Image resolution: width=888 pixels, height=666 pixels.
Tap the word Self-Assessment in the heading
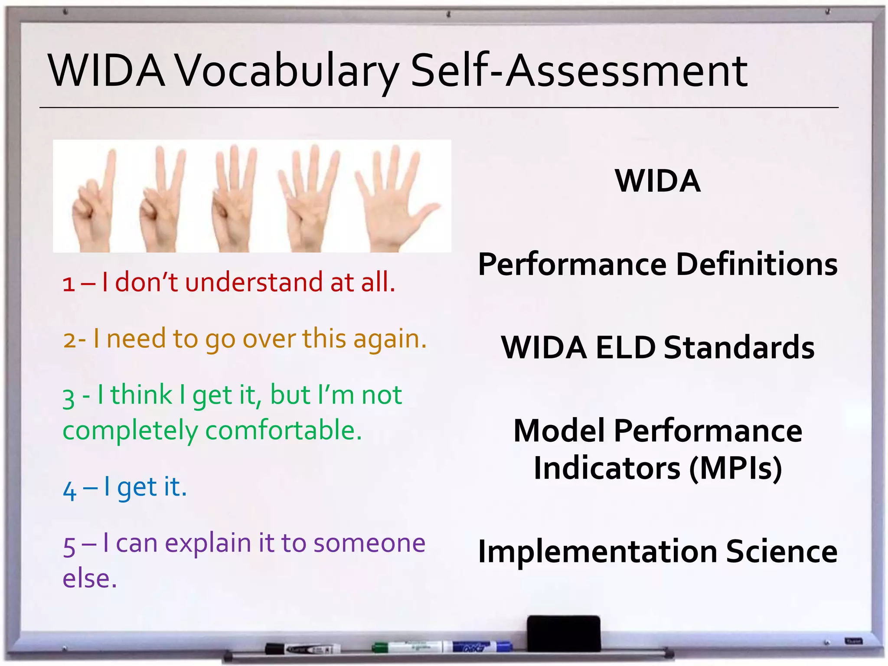click(x=579, y=71)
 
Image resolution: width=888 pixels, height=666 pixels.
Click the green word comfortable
click(x=284, y=431)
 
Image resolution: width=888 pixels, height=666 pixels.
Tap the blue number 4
click(x=69, y=490)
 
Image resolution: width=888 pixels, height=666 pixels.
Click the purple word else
click(x=89, y=579)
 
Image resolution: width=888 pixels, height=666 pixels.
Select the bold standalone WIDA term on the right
click(x=657, y=181)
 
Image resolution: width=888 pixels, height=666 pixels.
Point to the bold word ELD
click(x=625, y=348)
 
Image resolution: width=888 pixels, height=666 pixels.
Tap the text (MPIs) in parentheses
click(x=735, y=468)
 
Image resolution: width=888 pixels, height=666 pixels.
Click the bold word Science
click(x=781, y=552)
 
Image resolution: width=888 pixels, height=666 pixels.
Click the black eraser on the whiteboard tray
click(x=564, y=633)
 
